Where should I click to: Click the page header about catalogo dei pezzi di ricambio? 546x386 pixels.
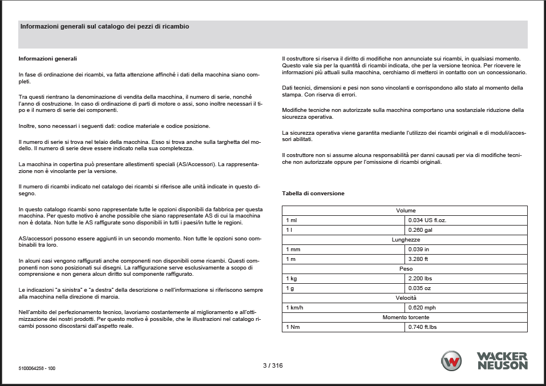pyautogui.click(x=105, y=27)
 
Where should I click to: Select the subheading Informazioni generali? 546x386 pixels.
pyautogui.click(x=48, y=59)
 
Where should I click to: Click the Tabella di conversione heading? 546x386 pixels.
pyautogui.click(x=313, y=194)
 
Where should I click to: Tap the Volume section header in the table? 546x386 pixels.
pyautogui.click(x=406, y=211)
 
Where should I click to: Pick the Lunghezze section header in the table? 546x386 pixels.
pyautogui.click(x=406, y=240)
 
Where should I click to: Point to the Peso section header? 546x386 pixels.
pyautogui.click(x=406, y=269)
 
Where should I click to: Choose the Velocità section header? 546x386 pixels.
pyautogui.click(x=406, y=298)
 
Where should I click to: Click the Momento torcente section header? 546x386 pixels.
pyautogui.click(x=406, y=317)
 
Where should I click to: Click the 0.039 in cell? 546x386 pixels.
pyautogui.click(x=419, y=250)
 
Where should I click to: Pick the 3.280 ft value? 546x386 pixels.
pyautogui.click(x=419, y=259)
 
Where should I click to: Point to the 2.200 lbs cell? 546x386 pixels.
pyautogui.click(x=420, y=279)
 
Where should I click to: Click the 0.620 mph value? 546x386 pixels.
pyautogui.click(x=422, y=308)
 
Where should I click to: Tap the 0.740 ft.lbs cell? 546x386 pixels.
pyautogui.click(x=423, y=327)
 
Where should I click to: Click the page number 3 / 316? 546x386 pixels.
pyautogui.click(x=273, y=365)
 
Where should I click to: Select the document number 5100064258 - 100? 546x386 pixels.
pyautogui.click(x=37, y=368)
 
